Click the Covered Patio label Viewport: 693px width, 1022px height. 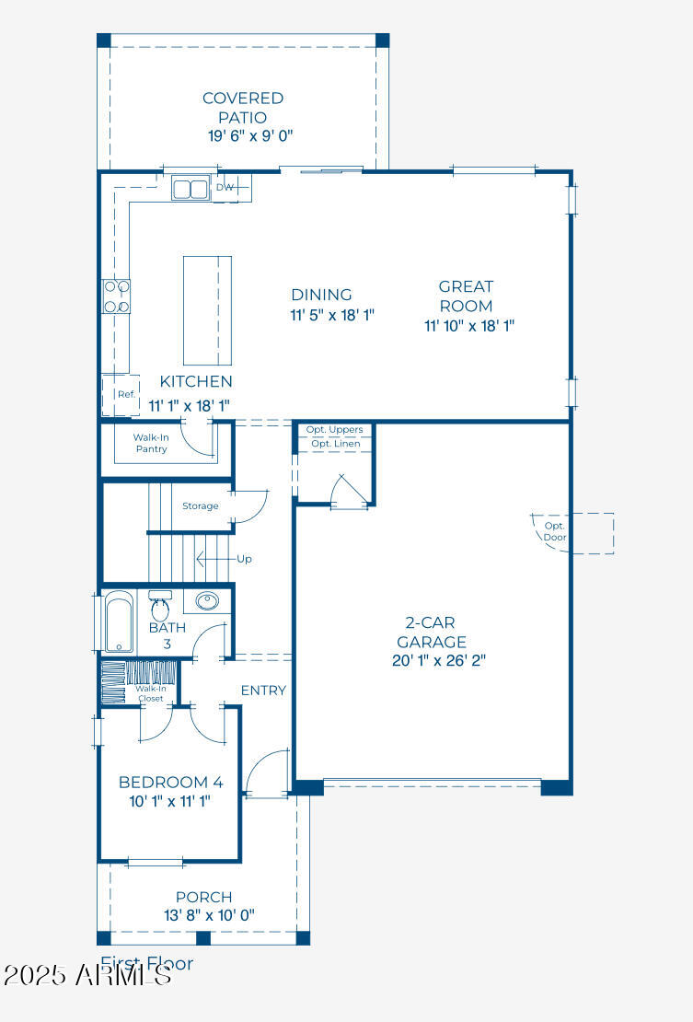click(243, 108)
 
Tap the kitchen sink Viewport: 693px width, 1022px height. click(190, 189)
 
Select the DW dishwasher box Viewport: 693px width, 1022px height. click(225, 188)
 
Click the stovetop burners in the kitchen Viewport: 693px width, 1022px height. click(116, 296)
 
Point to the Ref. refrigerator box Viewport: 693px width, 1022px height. click(124, 395)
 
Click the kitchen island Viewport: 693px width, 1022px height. click(206, 311)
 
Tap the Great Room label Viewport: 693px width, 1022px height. click(465, 296)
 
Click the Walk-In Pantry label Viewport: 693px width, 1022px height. click(150, 443)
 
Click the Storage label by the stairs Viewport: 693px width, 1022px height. click(200, 505)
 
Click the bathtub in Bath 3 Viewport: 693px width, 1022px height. click(120, 624)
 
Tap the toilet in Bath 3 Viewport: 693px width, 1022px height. click(160, 609)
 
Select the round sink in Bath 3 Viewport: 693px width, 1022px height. click(207, 602)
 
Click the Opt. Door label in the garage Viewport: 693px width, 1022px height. click(554, 531)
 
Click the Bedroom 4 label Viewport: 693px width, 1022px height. click(170, 783)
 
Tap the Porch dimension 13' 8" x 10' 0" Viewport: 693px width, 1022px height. click(202, 915)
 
